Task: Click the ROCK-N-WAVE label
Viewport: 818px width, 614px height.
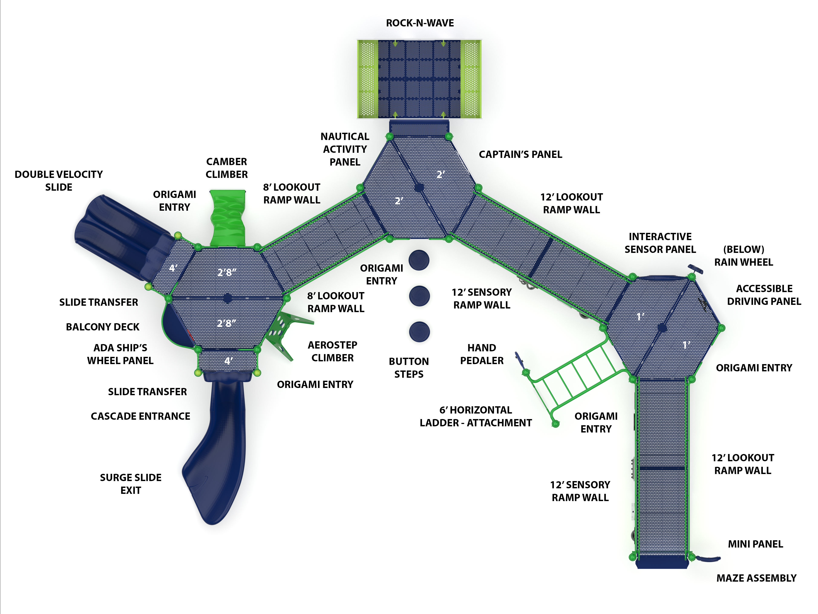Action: click(420, 23)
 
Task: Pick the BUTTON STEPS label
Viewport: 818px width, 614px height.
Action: click(409, 368)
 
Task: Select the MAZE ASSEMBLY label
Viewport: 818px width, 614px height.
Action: click(756, 578)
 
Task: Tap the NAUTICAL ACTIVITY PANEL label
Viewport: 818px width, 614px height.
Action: click(345, 149)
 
